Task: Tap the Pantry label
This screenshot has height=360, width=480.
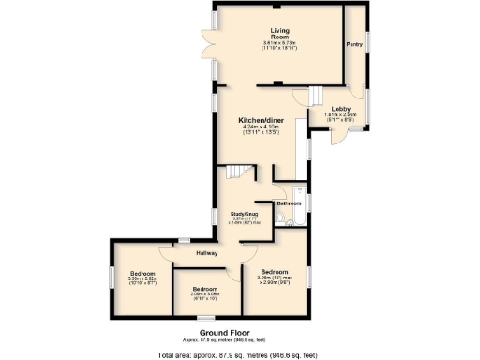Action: tap(354, 44)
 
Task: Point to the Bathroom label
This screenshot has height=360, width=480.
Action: tap(289, 202)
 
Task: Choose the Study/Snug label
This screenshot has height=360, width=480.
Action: tap(245, 214)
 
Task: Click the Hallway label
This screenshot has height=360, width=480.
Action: tap(206, 253)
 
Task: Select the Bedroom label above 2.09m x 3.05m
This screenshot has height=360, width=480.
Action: tap(204, 288)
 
